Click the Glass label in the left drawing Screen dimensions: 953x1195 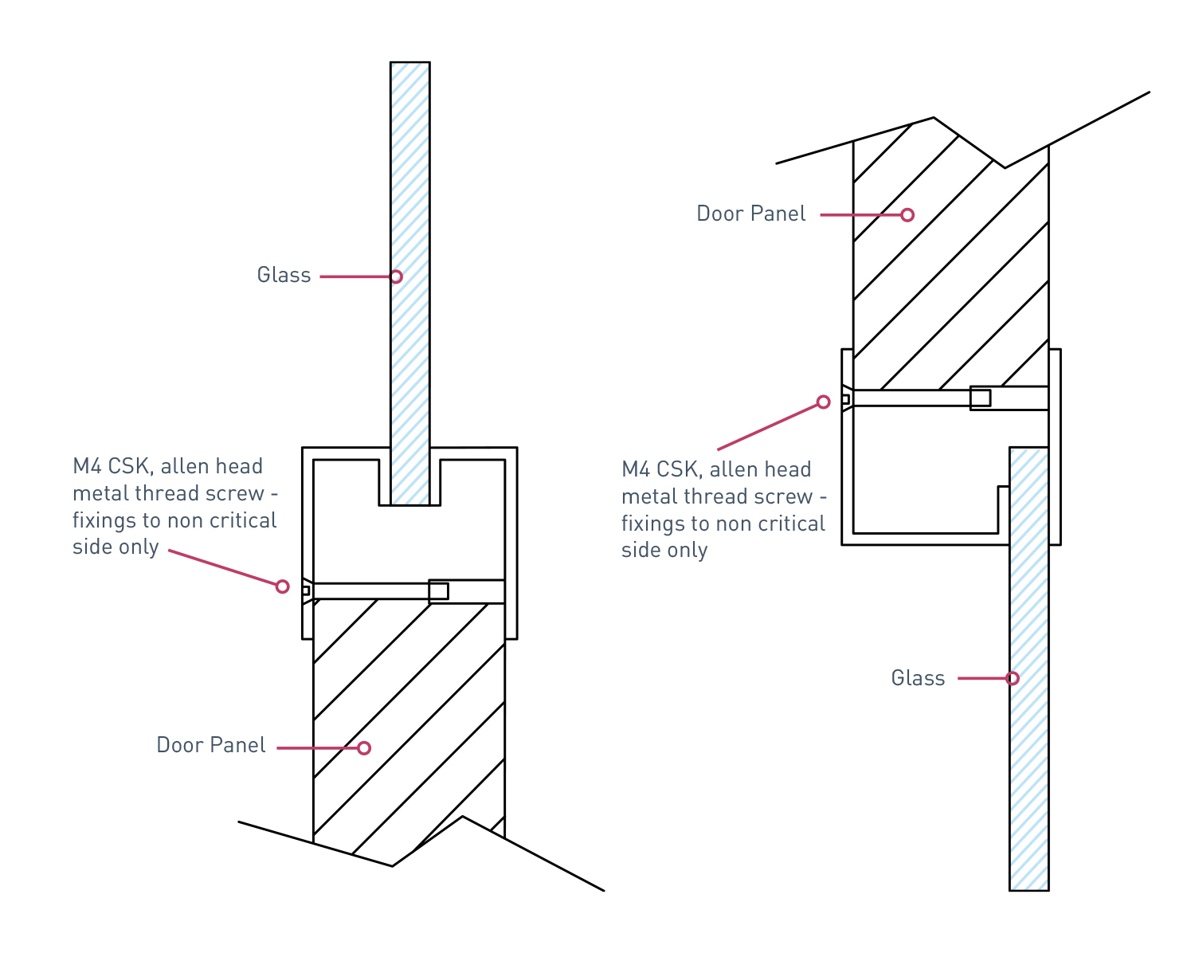[x=284, y=276]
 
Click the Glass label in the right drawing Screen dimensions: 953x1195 [x=918, y=678]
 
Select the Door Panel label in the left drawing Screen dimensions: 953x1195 [x=211, y=746]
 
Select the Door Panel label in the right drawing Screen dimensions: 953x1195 [x=751, y=214]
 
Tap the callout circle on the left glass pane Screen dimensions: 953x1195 [x=396, y=276]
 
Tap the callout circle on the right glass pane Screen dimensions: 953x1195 [x=1013, y=678]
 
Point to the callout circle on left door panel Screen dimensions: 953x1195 [x=364, y=747]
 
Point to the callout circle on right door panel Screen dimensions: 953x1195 [x=907, y=215]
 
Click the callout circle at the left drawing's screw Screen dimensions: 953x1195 [x=282, y=586]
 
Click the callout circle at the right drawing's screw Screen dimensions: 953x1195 [x=824, y=402]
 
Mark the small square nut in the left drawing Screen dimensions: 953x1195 [x=438, y=591]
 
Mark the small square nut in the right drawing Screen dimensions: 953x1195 [x=981, y=398]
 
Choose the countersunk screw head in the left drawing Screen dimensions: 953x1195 [x=306, y=590]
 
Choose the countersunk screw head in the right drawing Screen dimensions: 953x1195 [x=846, y=398]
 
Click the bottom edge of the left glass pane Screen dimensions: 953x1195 [x=410, y=504]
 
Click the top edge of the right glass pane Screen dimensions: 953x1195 [x=1029, y=448]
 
